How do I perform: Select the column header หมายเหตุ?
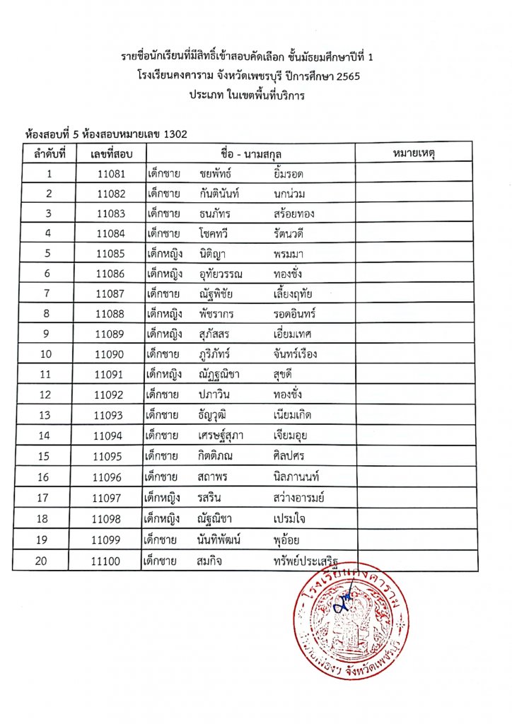pos(414,153)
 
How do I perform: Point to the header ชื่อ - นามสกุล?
pos(250,153)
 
